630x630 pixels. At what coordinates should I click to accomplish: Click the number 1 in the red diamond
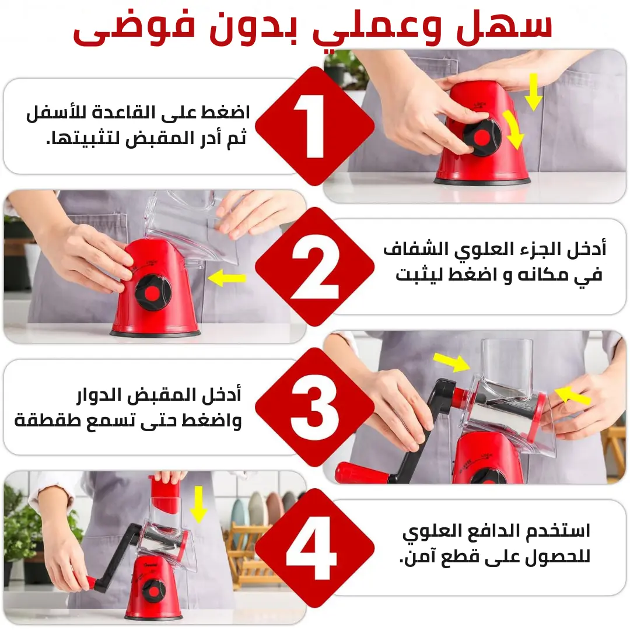tap(311, 126)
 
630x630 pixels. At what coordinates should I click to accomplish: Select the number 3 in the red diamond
tap(314, 407)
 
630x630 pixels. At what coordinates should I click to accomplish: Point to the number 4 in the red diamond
tap(311, 548)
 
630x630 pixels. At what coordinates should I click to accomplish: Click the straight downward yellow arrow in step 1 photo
tap(533, 92)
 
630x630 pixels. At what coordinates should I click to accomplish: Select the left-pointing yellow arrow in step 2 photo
tap(227, 278)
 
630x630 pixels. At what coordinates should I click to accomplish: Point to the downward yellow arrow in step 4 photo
tap(198, 505)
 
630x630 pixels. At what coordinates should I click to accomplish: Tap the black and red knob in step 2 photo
tap(153, 293)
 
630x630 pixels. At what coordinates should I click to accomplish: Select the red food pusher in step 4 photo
tap(166, 494)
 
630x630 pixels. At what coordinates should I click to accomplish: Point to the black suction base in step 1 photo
tap(482, 181)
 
